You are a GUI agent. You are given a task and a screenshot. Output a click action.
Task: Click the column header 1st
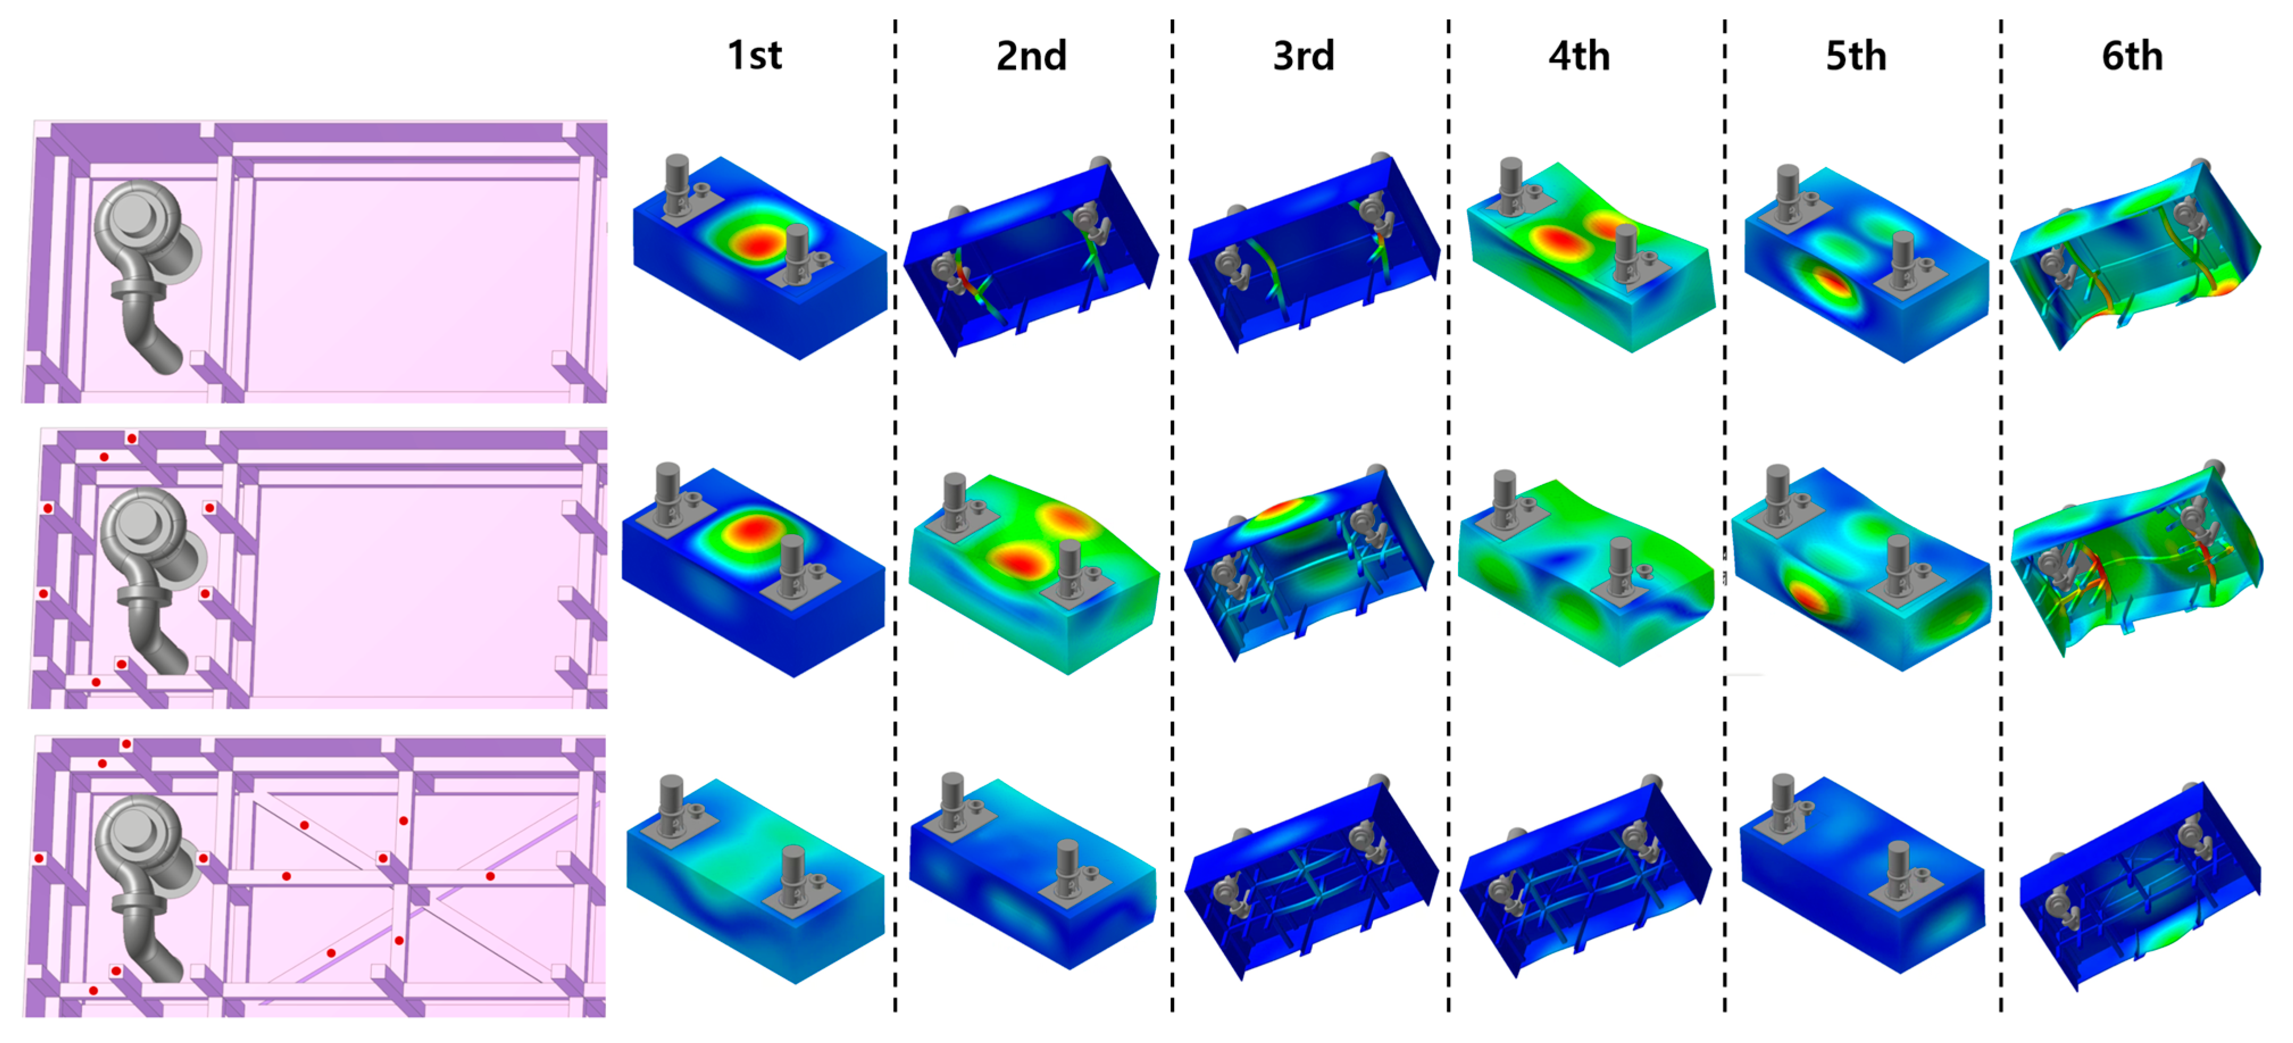[755, 55]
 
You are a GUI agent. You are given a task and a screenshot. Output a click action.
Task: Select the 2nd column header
[1031, 55]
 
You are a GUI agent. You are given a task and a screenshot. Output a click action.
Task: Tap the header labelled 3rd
[1304, 55]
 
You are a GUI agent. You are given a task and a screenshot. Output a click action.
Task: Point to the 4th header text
[1579, 55]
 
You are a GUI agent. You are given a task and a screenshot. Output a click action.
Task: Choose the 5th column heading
[1856, 55]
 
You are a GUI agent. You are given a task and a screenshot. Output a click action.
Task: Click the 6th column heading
[2132, 55]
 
